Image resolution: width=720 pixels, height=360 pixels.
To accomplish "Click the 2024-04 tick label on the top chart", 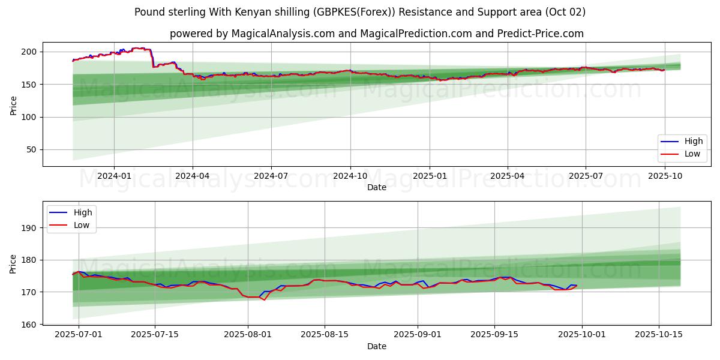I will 193,176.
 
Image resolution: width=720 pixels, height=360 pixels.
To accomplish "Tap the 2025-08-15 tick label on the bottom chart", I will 325,335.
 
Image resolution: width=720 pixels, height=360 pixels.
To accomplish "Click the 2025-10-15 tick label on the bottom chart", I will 659,335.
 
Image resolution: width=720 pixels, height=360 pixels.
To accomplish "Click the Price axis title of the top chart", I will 13,105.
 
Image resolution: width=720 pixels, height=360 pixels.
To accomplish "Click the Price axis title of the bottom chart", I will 13,263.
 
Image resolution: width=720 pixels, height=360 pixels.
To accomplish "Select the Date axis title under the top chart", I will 377,187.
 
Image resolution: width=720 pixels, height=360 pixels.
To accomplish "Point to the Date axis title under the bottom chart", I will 377,346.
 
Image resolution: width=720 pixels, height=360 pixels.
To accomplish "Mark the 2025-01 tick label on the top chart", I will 430,176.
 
